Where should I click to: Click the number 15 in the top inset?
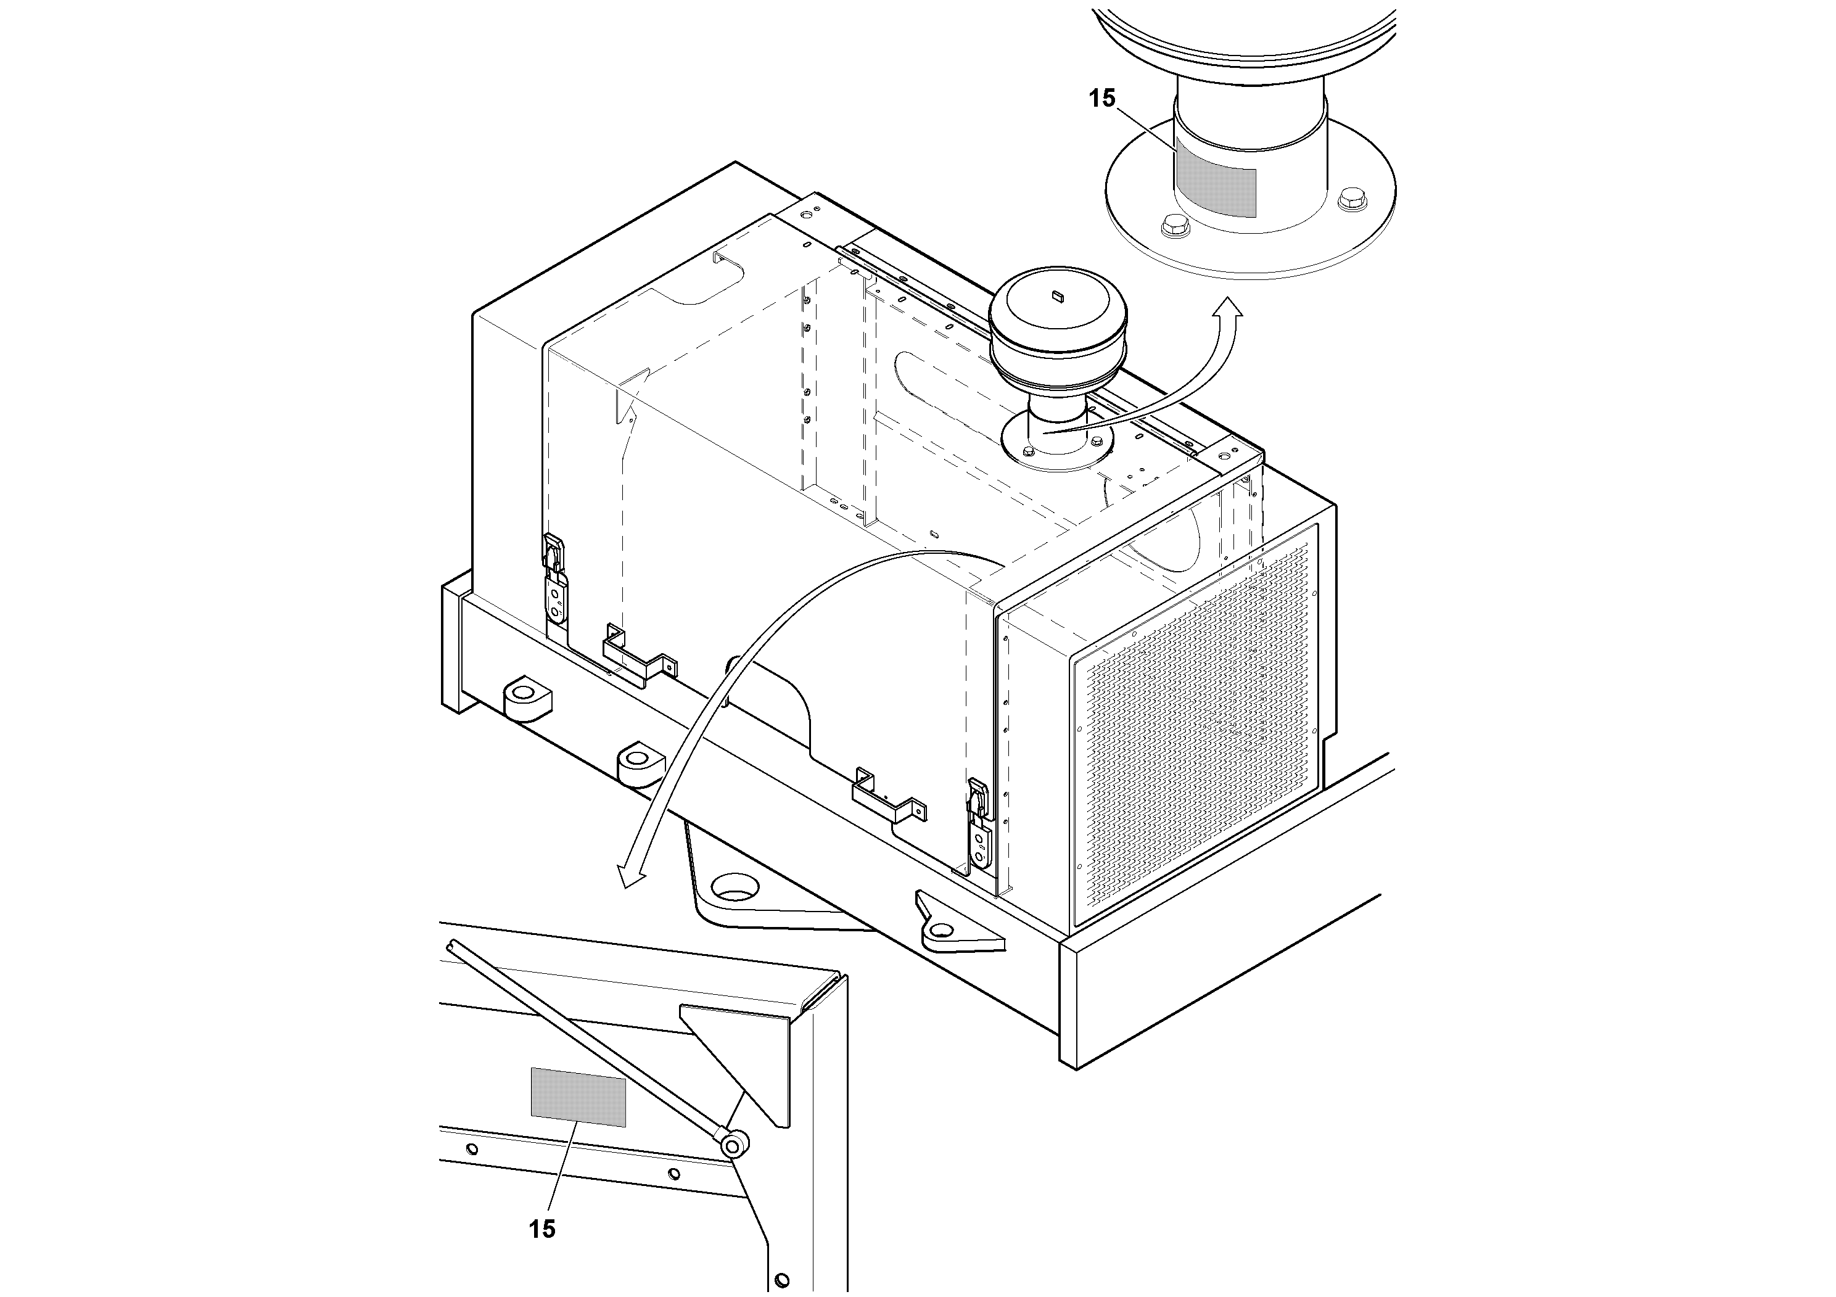[x=1102, y=98]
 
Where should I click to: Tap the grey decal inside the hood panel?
[x=578, y=1097]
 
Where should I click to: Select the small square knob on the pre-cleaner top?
[x=1056, y=296]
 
